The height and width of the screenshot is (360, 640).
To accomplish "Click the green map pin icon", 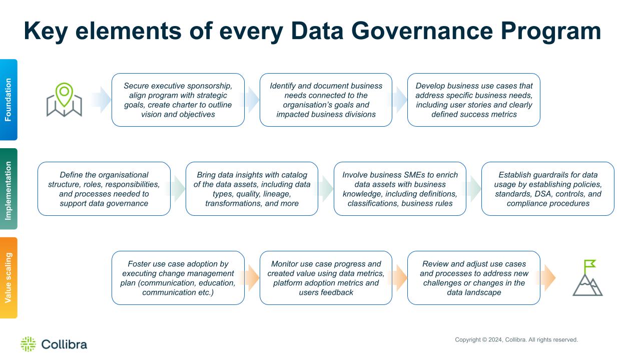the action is [64, 100].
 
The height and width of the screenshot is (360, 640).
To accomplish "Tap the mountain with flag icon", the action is [587, 278].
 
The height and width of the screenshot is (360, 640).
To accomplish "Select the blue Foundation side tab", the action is [9, 100].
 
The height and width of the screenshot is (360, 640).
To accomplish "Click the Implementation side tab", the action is [9, 189].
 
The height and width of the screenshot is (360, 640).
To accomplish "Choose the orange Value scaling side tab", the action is [9, 278].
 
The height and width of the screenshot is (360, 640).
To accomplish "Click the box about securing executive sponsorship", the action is [178, 100].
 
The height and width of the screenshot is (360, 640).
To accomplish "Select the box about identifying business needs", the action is [326, 100].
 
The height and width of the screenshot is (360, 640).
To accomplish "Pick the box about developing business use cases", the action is [474, 100].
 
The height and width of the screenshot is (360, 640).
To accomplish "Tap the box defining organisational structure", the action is [104, 189].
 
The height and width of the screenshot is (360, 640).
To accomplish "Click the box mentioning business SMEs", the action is [400, 189].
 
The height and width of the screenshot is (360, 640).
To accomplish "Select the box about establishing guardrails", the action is [548, 189].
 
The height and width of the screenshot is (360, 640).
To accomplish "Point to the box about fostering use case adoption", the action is [178, 278].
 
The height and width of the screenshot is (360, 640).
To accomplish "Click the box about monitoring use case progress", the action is [326, 278].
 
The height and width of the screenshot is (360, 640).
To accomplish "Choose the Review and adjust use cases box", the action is [474, 278].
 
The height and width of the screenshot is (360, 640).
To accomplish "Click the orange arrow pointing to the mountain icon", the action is [546, 278].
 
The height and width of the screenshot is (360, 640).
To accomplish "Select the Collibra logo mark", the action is [29, 344].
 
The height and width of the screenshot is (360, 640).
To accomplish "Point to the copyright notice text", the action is [516, 339].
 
